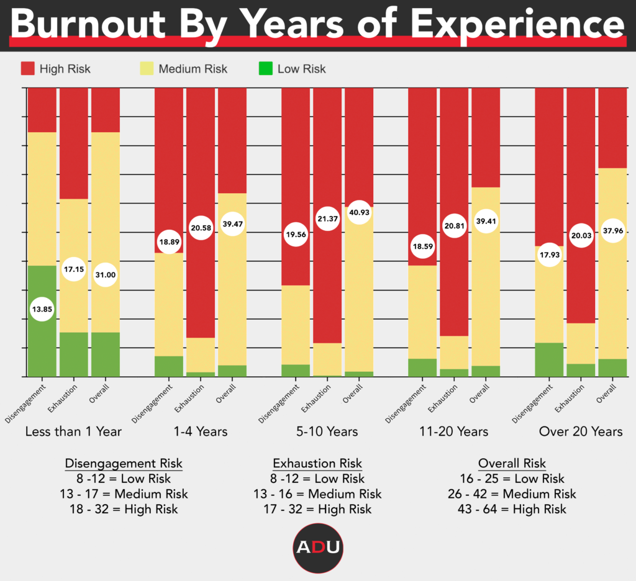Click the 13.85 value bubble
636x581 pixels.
click(x=42, y=309)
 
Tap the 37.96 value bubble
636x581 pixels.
click(x=612, y=231)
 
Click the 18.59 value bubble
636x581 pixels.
click(x=422, y=246)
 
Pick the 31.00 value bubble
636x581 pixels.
click(x=106, y=274)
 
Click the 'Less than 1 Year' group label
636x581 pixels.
click(x=73, y=431)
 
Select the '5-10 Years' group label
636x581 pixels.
click(x=327, y=431)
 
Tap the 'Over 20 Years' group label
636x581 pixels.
click(x=581, y=431)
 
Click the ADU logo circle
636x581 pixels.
click(x=318, y=547)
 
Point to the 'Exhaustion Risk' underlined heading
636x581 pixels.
click(x=317, y=464)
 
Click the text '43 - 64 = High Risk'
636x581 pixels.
click(x=512, y=509)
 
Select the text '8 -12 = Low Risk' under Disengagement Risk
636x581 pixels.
click(x=124, y=479)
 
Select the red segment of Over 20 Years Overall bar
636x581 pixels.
click(x=612, y=127)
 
